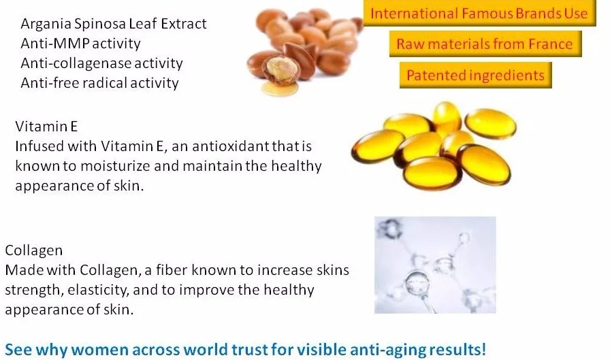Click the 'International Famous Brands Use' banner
pyautogui.click(x=479, y=14)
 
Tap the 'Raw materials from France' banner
pyautogui.click(x=485, y=45)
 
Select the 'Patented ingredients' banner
pyautogui.click(x=475, y=75)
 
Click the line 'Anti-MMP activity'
pyautogui.click(x=80, y=44)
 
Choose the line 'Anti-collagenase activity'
pyautogui.click(x=101, y=63)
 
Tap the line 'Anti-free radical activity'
pyautogui.click(x=99, y=83)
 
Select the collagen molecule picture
pyautogui.click(x=435, y=265)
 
